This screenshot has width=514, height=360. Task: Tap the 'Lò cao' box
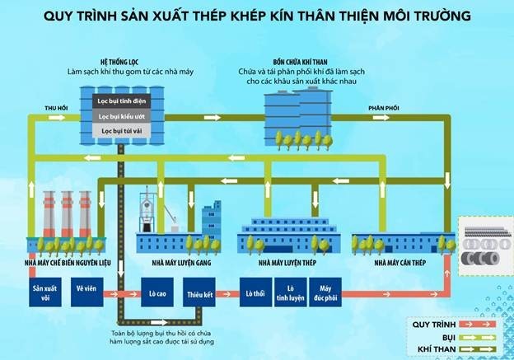coord(157,292)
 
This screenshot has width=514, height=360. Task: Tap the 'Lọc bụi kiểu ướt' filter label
coord(123,116)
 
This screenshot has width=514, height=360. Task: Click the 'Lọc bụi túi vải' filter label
coord(123,131)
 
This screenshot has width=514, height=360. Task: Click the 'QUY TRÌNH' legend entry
coord(434,325)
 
